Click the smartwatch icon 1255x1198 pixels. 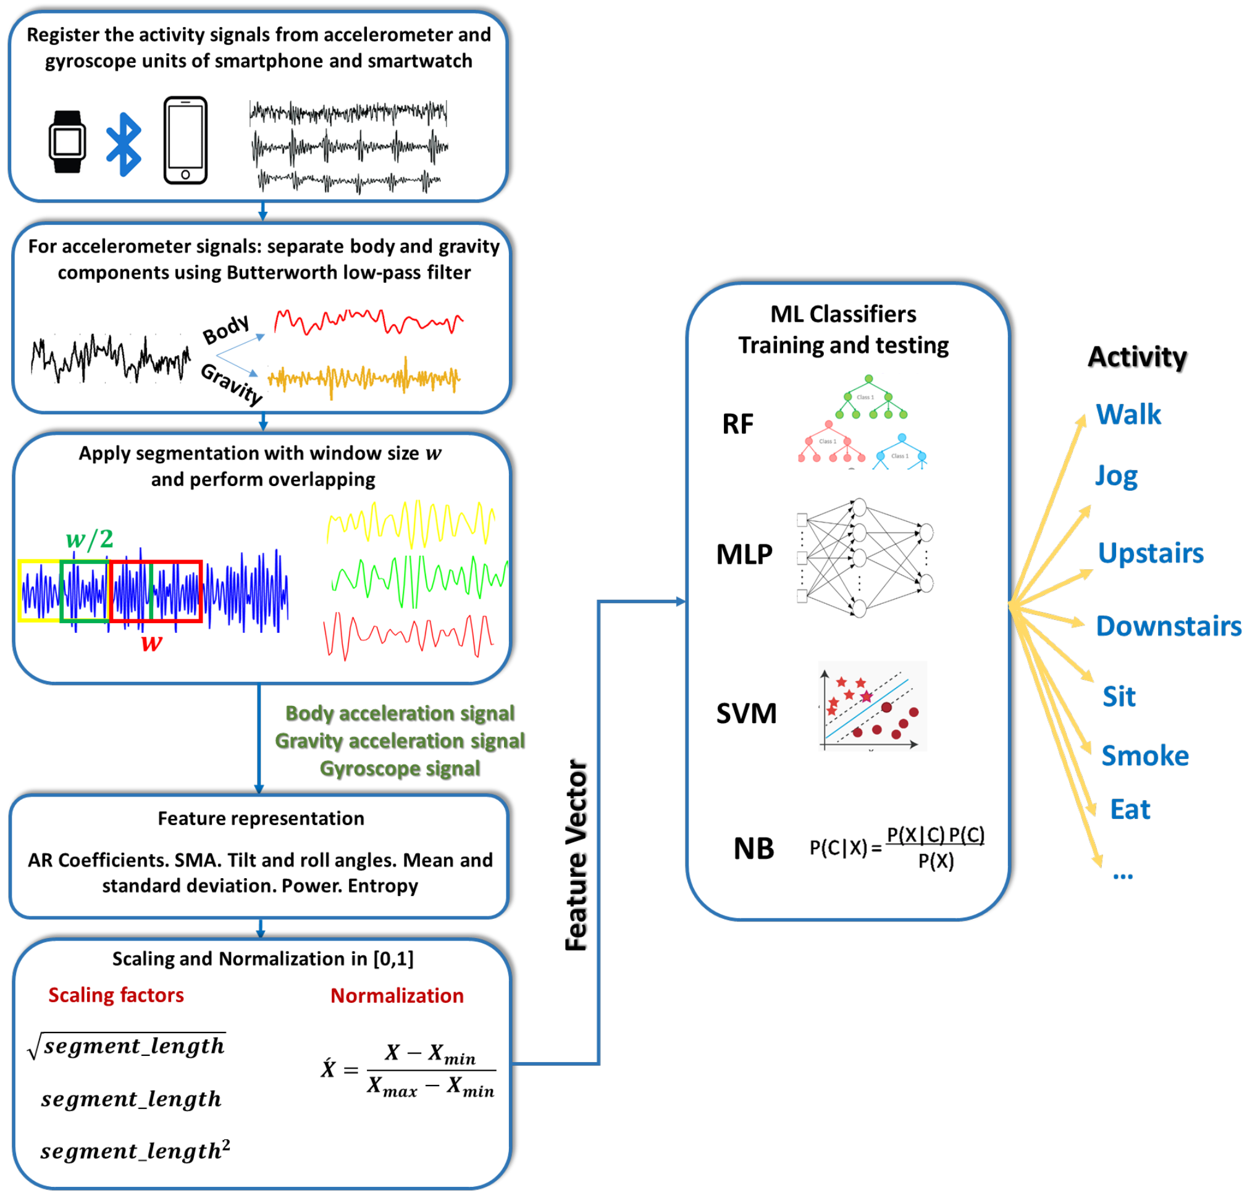[x=67, y=142]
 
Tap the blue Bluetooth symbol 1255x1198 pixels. [x=123, y=145]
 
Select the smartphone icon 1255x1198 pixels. [x=185, y=141]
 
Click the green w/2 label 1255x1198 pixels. [x=90, y=539]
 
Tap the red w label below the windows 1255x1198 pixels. [x=151, y=642]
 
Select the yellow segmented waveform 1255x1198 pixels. [x=411, y=523]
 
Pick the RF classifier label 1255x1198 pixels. [x=737, y=424]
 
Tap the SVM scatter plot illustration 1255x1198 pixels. [x=872, y=706]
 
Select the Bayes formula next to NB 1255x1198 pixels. [x=896, y=847]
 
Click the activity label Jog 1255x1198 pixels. [x=1116, y=476]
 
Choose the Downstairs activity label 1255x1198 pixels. [x=1168, y=626]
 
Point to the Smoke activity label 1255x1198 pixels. [x=1144, y=755]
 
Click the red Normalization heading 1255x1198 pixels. [x=397, y=995]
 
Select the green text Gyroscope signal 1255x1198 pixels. [x=400, y=768]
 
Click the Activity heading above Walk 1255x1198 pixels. [x=1137, y=356]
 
